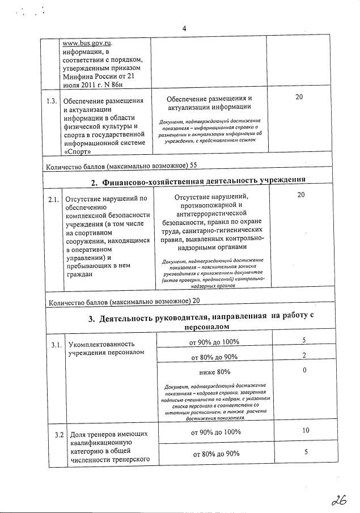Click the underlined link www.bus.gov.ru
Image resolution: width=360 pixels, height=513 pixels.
(x=87, y=43)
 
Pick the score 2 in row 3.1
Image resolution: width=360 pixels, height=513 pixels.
(x=304, y=355)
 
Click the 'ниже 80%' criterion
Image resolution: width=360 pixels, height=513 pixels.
(x=214, y=372)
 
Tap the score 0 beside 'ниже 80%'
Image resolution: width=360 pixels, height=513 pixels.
(x=304, y=370)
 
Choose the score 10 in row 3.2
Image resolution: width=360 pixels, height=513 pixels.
(x=305, y=431)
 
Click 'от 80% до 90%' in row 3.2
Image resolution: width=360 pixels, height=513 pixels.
(x=214, y=453)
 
